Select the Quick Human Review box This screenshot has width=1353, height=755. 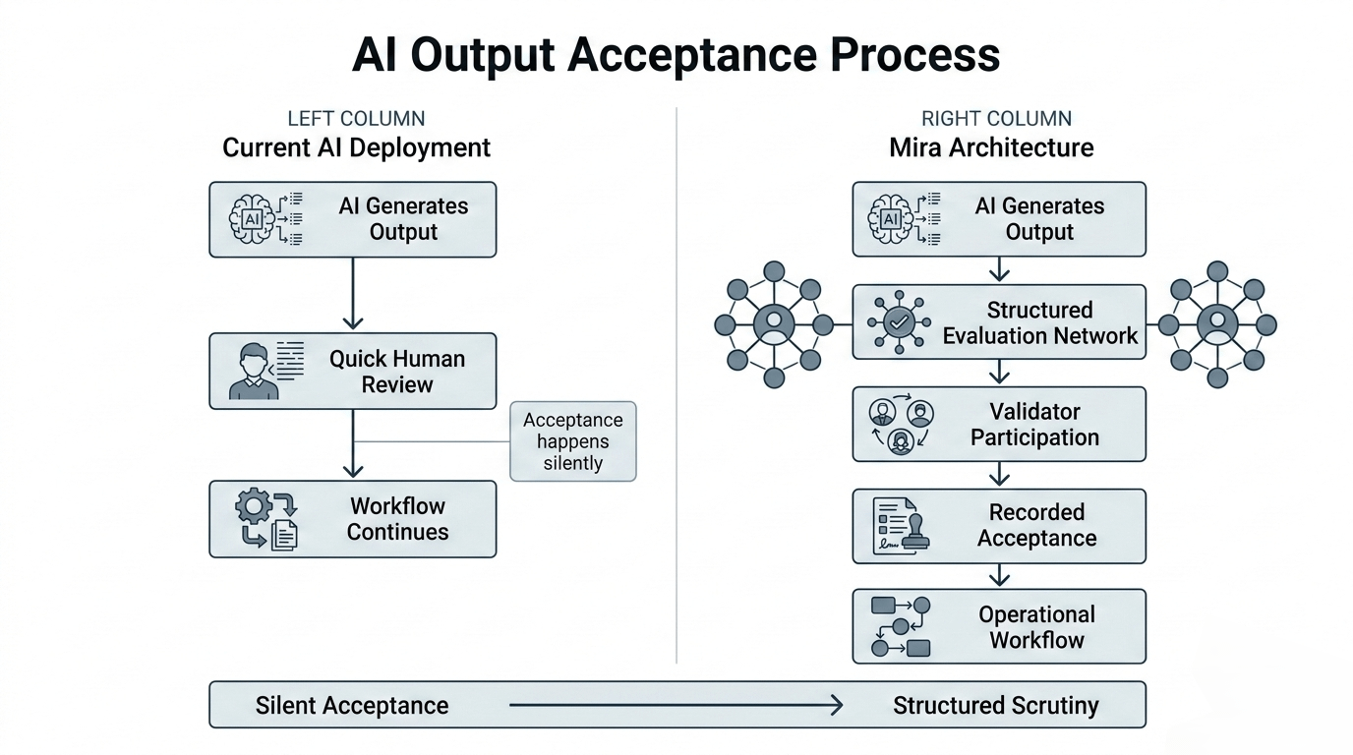(352, 372)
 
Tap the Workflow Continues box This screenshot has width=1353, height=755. (352, 519)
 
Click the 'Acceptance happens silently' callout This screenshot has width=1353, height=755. (572, 440)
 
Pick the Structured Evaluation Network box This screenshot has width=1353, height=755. (998, 322)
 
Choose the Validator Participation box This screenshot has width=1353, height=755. (998, 424)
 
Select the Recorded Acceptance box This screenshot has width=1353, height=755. (998, 526)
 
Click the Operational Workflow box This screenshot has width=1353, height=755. (998, 627)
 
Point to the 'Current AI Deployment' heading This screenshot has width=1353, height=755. (356, 148)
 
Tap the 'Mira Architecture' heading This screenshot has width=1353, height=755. (991, 148)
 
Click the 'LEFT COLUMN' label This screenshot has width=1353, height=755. (356, 119)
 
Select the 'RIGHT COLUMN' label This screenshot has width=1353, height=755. (996, 119)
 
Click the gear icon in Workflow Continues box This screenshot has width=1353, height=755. (254, 506)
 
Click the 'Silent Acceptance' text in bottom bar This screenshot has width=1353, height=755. (352, 705)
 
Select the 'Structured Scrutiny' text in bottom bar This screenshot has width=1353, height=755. (995, 705)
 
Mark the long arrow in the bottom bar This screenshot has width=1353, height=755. (676, 705)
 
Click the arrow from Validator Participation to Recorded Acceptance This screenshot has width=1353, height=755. (999, 475)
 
